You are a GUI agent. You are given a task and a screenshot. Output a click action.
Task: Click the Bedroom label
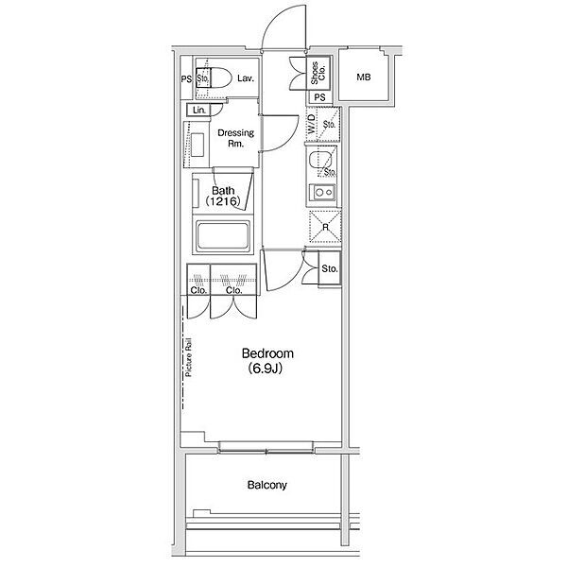267,353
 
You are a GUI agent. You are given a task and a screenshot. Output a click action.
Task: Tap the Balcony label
266,485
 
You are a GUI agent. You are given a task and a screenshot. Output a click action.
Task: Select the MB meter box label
364,77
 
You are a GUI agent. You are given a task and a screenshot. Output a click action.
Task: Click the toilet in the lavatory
214,77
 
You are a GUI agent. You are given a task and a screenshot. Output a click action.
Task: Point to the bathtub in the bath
222,235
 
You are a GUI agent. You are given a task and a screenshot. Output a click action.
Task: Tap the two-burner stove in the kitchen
323,192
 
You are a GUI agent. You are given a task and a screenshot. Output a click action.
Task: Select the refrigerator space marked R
325,227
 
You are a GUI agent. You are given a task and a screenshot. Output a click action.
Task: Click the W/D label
311,124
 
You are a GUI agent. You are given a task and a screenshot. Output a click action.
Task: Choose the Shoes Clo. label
318,73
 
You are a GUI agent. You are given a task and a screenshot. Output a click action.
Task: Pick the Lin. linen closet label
198,110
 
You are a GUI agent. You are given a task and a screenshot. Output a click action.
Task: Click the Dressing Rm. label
235,138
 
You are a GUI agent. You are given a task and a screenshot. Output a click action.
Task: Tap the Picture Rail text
188,357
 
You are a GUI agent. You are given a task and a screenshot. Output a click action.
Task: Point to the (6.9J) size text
265,369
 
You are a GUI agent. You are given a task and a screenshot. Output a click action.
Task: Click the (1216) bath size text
223,201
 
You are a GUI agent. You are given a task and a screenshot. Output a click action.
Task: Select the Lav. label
246,78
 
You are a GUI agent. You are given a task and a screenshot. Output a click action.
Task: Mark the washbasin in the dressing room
198,145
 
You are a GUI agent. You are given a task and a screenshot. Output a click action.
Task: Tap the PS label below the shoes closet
319,97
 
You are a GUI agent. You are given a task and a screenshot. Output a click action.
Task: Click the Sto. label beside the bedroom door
330,268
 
